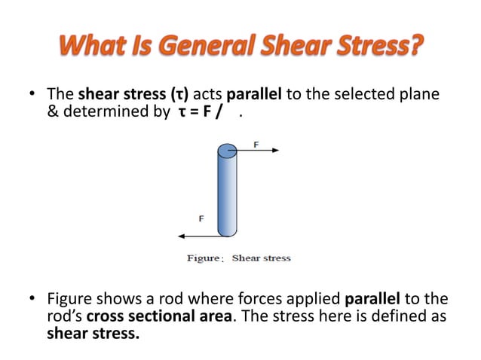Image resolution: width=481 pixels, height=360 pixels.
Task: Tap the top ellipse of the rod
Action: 227,150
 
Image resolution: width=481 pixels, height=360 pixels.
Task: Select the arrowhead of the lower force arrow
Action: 181,236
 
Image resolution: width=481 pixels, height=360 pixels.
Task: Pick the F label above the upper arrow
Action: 256,142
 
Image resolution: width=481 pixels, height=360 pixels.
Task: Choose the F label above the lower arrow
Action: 201,219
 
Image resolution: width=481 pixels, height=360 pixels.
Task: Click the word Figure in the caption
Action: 204,258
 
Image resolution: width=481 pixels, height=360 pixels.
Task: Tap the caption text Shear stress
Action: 261,258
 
